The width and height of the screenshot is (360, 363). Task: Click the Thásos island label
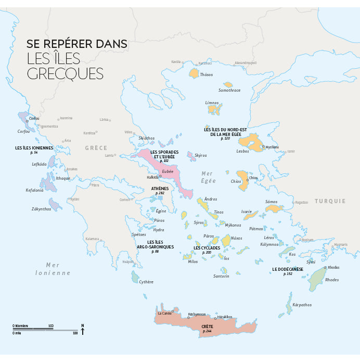pyautogui.click(x=207, y=74)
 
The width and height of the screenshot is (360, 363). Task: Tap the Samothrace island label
pyautogui.click(x=229, y=90)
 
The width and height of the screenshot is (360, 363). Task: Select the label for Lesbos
pyautogui.click(x=242, y=152)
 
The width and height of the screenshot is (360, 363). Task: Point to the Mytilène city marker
pyautogui.click(x=263, y=147)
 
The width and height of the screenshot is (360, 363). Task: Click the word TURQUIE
pyautogui.click(x=330, y=201)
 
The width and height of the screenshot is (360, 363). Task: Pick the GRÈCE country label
pyautogui.click(x=96, y=148)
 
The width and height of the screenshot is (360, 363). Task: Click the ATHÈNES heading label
pyautogui.click(x=160, y=188)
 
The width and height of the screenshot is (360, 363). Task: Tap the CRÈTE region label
pyautogui.click(x=208, y=327)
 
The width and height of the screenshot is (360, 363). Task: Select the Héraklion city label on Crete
pyautogui.click(x=225, y=317)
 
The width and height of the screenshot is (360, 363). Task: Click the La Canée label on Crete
pyautogui.click(x=164, y=313)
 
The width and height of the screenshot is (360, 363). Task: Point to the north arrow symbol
pyautogui.click(x=82, y=329)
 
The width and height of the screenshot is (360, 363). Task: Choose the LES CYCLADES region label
pyautogui.click(x=207, y=247)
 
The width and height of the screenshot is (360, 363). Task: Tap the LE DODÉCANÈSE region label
pyautogui.click(x=288, y=269)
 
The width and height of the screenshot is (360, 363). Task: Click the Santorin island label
pyautogui.click(x=221, y=276)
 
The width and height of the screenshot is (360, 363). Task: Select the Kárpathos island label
pyautogui.click(x=302, y=305)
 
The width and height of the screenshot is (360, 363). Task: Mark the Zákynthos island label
pyautogui.click(x=42, y=209)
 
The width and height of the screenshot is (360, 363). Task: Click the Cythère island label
pyautogui.click(x=146, y=282)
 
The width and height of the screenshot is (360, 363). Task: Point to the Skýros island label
pyautogui.click(x=200, y=155)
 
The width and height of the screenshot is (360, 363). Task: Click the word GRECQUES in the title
pyautogui.click(x=65, y=73)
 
